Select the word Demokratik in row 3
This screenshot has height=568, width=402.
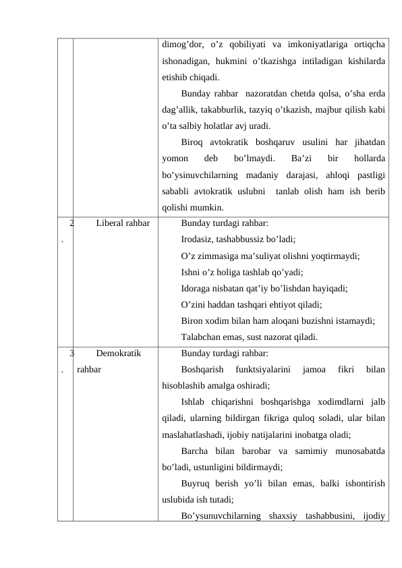click(x=119, y=353)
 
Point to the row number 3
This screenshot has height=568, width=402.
click(x=71, y=353)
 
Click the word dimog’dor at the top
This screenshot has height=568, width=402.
click(x=183, y=45)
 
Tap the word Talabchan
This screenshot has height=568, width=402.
click(x=203, y=337)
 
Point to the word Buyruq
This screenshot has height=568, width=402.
click(x=196, y=484)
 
